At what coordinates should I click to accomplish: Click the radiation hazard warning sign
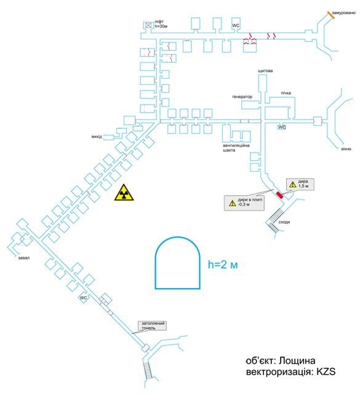(x=124, y=193)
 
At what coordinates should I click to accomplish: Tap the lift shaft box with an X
(x=148, y=25)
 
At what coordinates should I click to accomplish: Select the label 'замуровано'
(x=343, y=13)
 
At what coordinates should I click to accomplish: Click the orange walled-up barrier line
(x=330, y=15)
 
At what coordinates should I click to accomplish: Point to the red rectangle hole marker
(x=279, y=195)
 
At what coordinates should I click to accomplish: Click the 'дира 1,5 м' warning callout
(x=300, y=184)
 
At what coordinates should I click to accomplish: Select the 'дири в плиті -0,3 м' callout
(x=244, y=203)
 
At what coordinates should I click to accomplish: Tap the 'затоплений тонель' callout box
(x=153, y=326)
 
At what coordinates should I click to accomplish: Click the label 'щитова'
(x=265, y=71)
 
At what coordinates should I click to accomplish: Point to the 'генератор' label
(x=242, y=97)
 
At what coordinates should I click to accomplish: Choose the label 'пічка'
(x=286, y=93)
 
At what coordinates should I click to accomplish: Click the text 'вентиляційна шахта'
(x=236, y=148)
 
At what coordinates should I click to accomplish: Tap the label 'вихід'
(x=97, y=137)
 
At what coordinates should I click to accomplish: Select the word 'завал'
(x=24, y=258)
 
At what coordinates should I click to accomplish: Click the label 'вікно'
(x=346, y=149)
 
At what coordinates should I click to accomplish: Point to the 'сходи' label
(x=284, y=222)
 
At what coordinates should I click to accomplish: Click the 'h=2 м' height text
(x=223, y=264)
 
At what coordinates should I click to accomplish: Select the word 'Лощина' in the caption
(x=297, y=361)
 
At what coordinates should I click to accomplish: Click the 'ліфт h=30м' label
(x=161, y=24)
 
